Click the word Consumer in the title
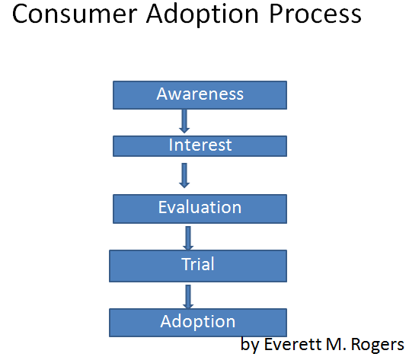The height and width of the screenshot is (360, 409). (75, 14)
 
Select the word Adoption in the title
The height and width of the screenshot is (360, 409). (203, 15)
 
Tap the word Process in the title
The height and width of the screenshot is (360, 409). (315, 14)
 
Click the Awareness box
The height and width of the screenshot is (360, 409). (200, 95)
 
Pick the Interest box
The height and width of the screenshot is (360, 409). (200, 146)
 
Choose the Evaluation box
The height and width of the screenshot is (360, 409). (200, 209)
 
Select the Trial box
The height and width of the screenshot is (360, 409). (198, 266)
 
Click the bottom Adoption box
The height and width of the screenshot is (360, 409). (198, 323)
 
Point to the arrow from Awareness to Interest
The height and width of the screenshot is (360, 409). (184, 121)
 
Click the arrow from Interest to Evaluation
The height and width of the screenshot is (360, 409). (184, 176)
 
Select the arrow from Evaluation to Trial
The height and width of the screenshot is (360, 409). (188, 238)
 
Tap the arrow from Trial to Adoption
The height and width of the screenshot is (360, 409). (188, 297)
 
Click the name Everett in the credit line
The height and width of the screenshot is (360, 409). (292, 344)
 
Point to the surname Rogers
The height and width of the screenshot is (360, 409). (378, 346)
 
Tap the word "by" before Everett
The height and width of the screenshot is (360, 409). (250, 346)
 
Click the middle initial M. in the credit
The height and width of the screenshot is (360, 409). (336, 344)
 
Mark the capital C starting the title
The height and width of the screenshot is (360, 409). (19, 14)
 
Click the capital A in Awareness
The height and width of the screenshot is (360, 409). (162, 94)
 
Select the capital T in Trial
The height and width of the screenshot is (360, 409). (187, 264)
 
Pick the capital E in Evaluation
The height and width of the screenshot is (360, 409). (162, 207)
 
